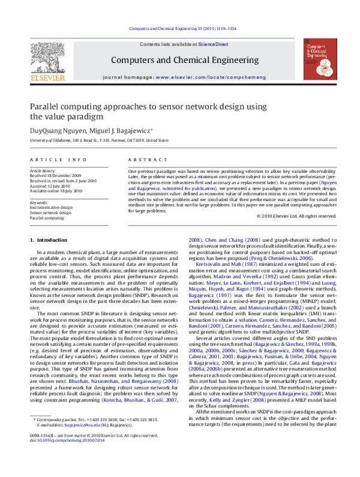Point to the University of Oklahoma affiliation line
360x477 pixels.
click(99, 140)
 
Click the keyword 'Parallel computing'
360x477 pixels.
click(47, 218)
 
